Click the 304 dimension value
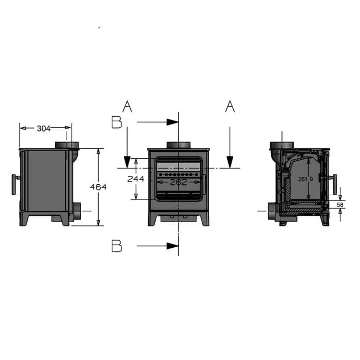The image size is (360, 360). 44,128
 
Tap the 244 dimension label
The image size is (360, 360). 135,179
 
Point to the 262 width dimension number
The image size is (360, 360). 179,182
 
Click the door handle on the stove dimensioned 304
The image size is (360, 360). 14,184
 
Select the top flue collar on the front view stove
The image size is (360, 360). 179,145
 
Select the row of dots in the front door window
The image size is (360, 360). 179,174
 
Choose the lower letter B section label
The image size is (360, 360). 116,246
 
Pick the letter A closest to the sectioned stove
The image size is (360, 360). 230,107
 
